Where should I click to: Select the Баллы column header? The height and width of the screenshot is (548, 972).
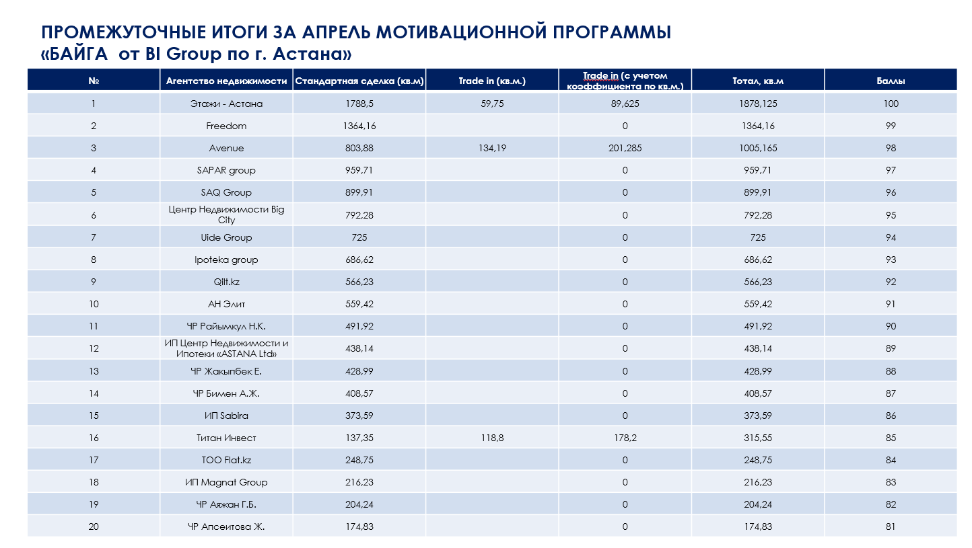891,81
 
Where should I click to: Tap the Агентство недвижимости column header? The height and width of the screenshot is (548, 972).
227,81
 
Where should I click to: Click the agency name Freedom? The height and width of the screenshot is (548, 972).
226,126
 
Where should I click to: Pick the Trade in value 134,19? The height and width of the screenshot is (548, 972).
492,149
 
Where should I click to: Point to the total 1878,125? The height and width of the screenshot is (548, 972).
758,104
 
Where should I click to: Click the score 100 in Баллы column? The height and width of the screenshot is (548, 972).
891,104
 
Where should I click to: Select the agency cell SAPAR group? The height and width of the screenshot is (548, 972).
226,170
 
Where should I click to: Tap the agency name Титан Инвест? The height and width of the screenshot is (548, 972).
226,438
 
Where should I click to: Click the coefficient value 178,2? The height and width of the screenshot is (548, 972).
625,438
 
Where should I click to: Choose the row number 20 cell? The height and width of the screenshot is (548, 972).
94,526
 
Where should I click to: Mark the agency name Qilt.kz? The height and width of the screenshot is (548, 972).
226,282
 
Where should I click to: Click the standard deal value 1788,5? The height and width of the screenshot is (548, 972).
359,104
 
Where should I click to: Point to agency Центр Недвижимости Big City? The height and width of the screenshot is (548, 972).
226,214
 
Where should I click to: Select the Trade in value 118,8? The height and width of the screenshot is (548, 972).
492,438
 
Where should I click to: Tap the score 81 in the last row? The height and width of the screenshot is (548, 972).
891,526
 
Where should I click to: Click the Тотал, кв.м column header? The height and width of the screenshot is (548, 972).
758,81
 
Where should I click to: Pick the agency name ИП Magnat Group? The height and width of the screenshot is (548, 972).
226,482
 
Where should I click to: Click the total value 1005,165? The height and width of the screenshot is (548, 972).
758,149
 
